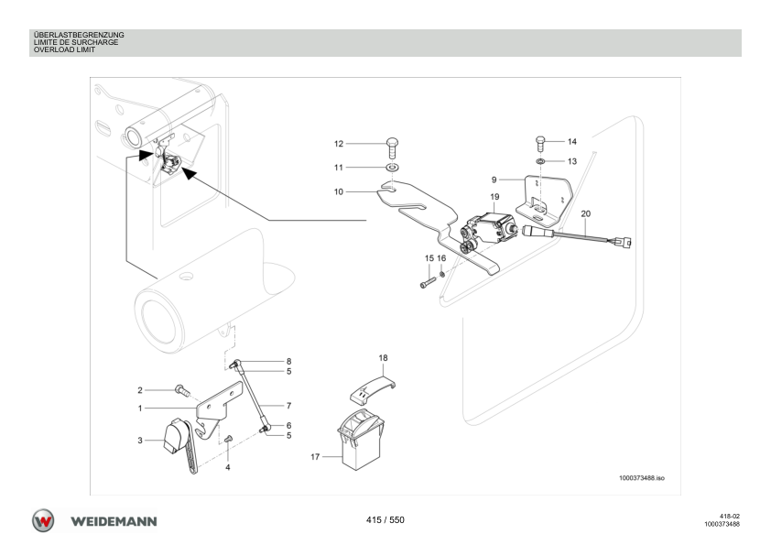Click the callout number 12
[x=338, y=144]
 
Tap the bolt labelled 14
[x=540, y=143]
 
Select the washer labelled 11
[x=393, y=168]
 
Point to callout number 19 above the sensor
[x=494, y=197]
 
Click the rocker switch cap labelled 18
[x=374, y=387]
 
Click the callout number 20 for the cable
[x=586, y=214]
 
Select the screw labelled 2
[x=182, y=390]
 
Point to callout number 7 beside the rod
[x=288, y=406]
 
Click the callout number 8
[x=288, y=362]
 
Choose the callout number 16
[x=441, y=258]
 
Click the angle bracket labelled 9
[x=543, y=199]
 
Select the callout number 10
[x=338, y=191]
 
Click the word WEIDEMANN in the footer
[x=114, y=521]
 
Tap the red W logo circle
[x=43, y=521]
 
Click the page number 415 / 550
[x=385, y=520]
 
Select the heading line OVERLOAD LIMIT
[x=64, y=49]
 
